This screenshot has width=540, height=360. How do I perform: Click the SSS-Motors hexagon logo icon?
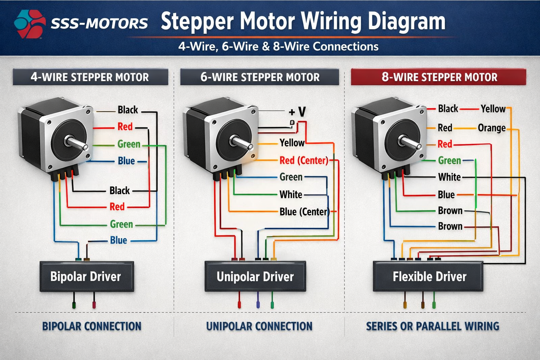(x=30, y=24)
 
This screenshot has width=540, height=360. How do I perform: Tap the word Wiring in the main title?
(x=332, y=21)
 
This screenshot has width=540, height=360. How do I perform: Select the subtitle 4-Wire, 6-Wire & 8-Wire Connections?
(x=278, y=46)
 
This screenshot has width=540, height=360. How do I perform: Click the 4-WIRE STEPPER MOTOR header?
(x=90, y=77)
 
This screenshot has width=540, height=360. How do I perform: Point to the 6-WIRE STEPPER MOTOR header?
(x=260, y=77)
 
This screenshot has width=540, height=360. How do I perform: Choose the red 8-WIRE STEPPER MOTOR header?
(x=439, y=77)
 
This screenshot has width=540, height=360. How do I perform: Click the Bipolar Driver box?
(x=86, y=276)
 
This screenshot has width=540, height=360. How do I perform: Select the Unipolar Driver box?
(x=255, y=276)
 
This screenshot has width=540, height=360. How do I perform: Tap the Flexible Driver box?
(x=428, y=276)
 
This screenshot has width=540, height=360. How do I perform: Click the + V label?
(x=297, y=112)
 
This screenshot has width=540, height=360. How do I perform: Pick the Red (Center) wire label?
(x=304, y=161)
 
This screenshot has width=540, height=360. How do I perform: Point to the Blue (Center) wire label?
(x=304, y=212)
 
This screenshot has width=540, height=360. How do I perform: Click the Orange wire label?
(x=491, y=128)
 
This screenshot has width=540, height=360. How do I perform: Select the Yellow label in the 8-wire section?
(x=493, y=109)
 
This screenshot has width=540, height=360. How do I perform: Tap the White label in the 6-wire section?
(x=291, y=194)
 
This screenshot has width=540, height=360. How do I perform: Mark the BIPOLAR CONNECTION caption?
(x=92, y=326)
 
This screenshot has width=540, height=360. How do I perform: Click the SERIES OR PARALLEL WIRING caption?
(x=432, y=326)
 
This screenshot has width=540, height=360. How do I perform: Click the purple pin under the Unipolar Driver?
(x=258, y=304)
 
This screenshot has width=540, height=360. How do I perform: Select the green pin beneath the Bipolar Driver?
(x=74, y=304)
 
